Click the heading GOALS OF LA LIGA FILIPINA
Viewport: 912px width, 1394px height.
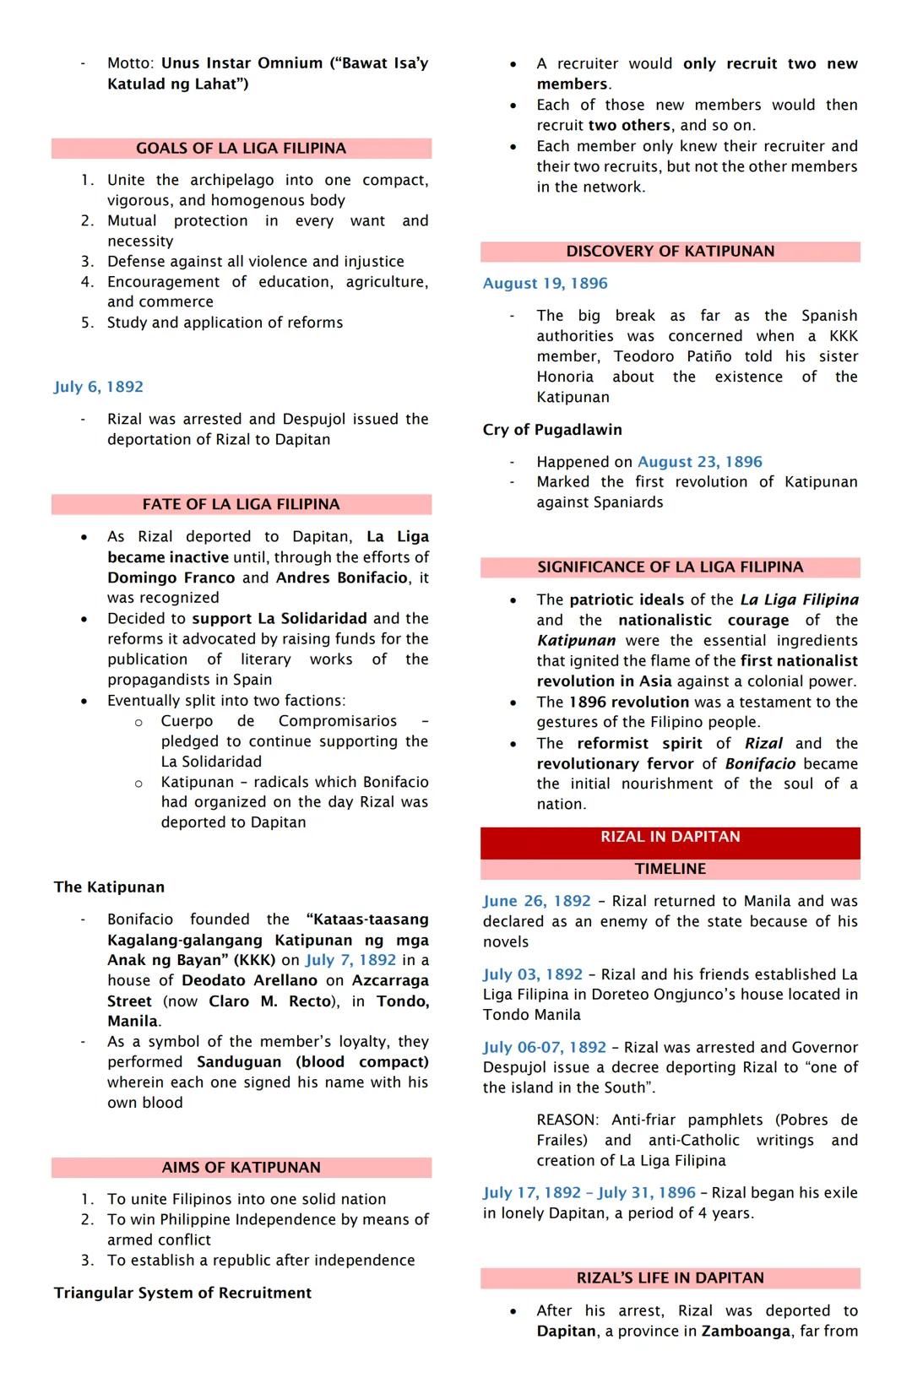(241, 149)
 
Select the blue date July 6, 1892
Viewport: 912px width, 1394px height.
(99, 387)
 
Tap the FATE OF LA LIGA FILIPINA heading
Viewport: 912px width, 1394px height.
(241, 505)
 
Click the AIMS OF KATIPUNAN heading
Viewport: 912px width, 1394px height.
(241, 1168)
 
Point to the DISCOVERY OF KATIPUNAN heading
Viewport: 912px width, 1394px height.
(670, 252)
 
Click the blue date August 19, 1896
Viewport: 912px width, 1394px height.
(545, 284)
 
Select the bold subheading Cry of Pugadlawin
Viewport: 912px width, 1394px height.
(552, 430)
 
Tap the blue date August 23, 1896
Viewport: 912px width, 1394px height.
(699, 462)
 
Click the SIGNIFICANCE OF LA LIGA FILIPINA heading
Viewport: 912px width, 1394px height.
(670, 567)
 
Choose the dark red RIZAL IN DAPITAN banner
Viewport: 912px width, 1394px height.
(670, 837)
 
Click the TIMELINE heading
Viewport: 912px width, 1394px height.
(670, 869)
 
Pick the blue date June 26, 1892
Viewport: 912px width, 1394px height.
(536, 902)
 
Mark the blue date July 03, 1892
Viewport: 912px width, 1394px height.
(533, 974)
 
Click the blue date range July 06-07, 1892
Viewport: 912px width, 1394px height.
(545, 1048)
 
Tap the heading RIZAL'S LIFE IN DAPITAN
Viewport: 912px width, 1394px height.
(670, 1278)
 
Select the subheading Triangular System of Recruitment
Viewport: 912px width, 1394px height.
(182, 1294)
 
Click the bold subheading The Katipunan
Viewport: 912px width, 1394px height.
(109, 887)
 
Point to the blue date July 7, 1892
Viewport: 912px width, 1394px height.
(350, 960)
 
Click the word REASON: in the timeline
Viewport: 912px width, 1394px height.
(567, 1120)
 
